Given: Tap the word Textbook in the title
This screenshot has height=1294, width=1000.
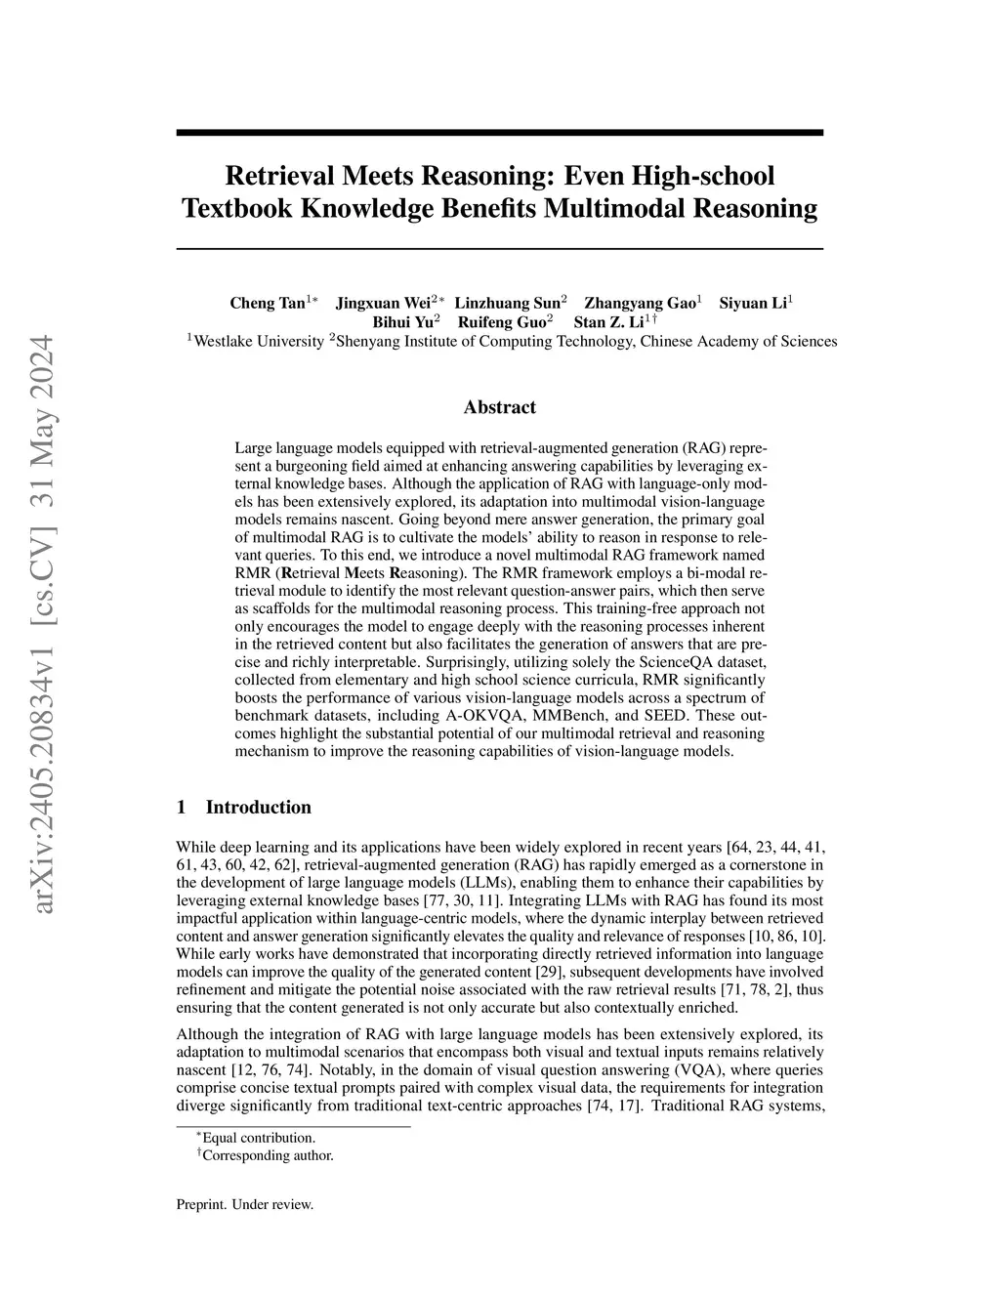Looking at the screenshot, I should [x=234, y=208].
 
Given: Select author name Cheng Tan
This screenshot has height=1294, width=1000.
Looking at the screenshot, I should [x=267, y=303].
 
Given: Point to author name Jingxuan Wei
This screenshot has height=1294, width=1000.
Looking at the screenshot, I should [x=384, y=303].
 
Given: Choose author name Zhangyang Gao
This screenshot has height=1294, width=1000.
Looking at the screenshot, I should [x=639, y=303].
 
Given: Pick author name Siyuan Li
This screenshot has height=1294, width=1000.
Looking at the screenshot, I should [x=752, y=303].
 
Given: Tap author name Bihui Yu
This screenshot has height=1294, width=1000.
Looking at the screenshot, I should [x=401, y=321].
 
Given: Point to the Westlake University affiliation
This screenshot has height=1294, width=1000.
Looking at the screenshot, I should [x=258, y=341].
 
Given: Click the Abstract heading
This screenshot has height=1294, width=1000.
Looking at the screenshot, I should [x=499, y=407].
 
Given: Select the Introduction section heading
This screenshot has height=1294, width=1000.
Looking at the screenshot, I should [x=258, y=807].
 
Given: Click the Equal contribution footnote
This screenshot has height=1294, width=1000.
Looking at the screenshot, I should [x=258, y=1138].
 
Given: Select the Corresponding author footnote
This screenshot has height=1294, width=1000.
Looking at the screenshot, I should [x=268, y=1155].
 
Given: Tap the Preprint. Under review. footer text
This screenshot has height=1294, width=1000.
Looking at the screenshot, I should [x=244, y=1204].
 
